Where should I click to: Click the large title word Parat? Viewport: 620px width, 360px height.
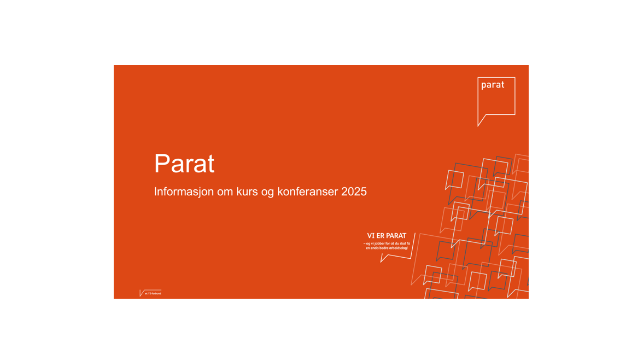pyautogui.click(x=184, y=164)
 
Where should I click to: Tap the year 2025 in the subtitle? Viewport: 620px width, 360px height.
pyautogui.click(x=354, y=192)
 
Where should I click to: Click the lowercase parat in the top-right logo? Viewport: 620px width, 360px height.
pyautogui.click(x=492, y=85)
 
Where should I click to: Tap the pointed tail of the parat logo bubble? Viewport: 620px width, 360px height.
pyautogui.click(x=480, y=123)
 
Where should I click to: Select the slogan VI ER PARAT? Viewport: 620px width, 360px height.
pyautogui.click(x=387, y=236)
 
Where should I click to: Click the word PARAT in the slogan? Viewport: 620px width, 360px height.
pyautogui.click(x=396, y=236)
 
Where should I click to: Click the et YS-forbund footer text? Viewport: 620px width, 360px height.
pyautogui.click(x=153, y=294)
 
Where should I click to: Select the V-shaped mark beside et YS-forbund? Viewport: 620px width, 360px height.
pyautogui.click(x=142, y=293)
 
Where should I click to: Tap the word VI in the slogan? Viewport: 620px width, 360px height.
pyautogui.click(x=370, y=236)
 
